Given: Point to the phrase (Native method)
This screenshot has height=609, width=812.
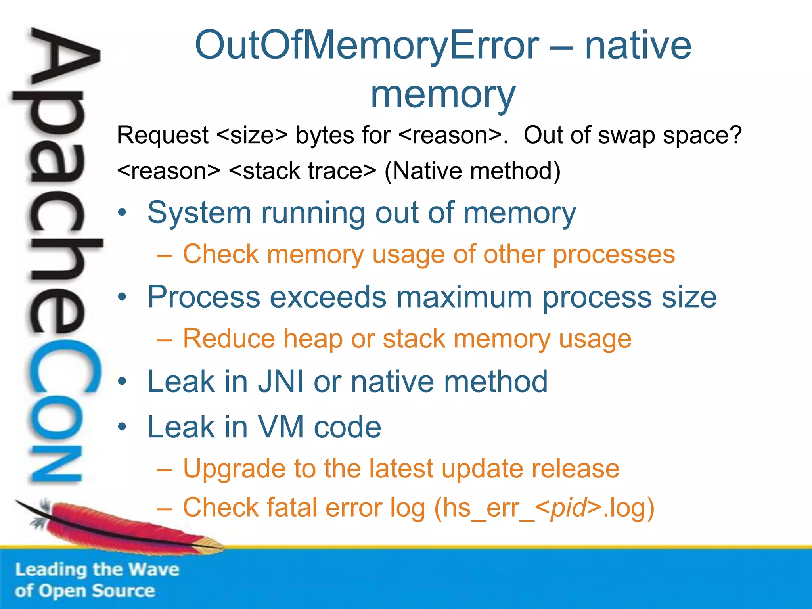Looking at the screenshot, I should tap(472, 171).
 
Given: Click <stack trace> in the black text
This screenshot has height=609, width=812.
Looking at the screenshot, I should tap(302, 171).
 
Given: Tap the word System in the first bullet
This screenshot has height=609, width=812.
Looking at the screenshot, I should tap(199, 213).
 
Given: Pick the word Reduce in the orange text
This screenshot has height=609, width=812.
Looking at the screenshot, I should tap(229, 339).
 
